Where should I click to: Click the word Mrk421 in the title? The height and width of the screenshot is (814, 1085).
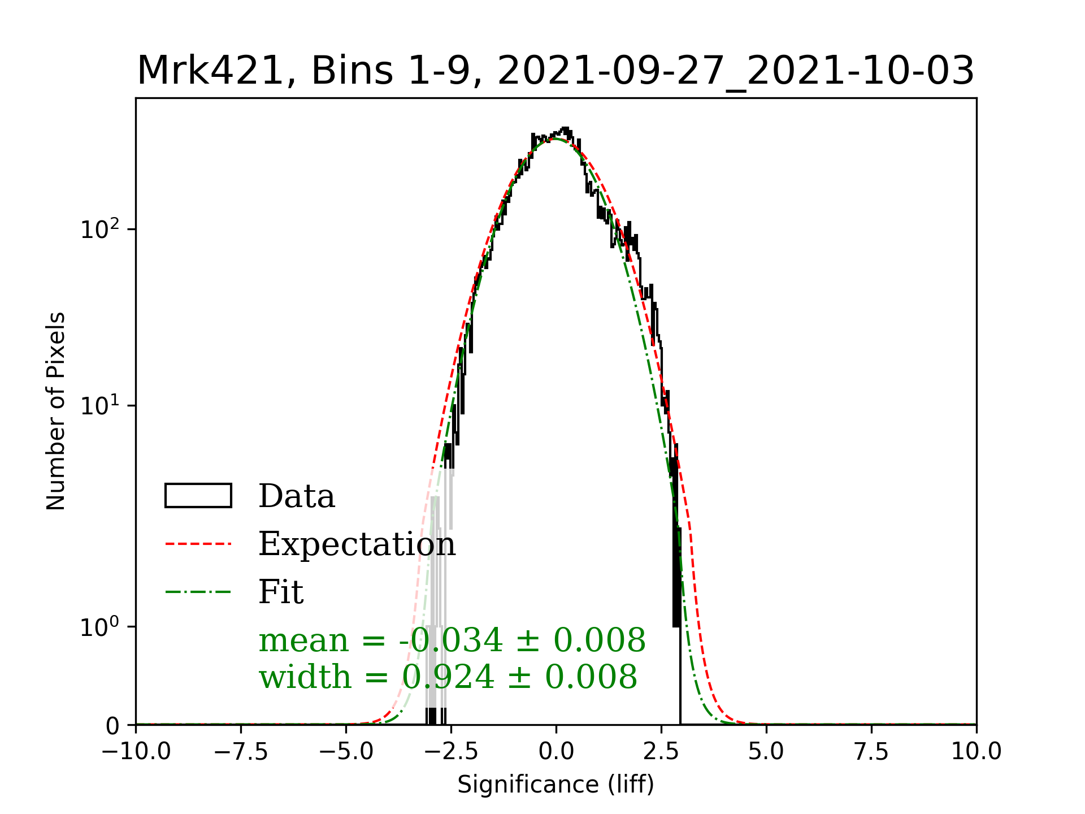coord(210,71)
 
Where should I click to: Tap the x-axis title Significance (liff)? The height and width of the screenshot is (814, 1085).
coord(555,785)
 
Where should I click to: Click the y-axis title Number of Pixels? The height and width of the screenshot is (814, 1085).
coord(56,411)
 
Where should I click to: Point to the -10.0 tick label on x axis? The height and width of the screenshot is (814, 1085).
coord(136,751)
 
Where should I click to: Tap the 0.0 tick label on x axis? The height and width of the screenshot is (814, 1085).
coord(556,751)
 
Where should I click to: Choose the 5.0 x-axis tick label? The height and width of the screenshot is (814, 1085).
coord(766,751)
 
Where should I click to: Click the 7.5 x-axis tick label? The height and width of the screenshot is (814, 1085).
coord(871,751)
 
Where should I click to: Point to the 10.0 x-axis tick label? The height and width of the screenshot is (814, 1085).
coord(976,751)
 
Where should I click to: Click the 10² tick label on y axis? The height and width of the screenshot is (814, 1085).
coord(100,229)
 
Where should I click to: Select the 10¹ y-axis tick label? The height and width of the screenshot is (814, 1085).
coord(100,405)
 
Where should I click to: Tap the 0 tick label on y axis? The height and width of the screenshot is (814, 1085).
coord(112,726)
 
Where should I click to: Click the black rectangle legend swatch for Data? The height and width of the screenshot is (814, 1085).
coord(198,496)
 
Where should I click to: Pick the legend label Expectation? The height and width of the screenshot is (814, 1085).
coord(357,544)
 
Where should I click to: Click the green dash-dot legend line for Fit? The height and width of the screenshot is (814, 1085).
coord(198,592)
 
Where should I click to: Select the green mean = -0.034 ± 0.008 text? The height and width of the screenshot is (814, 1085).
coord(452,640)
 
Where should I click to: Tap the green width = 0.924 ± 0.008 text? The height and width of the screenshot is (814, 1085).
coord(448,677)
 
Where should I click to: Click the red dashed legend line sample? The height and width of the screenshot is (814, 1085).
coord(198,544)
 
